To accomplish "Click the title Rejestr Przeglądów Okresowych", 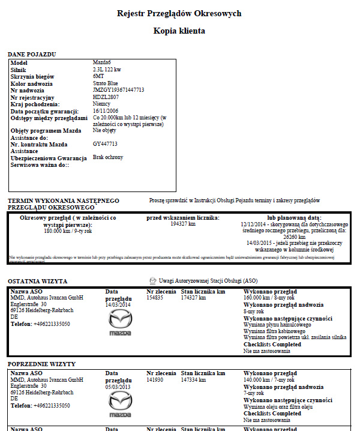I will click(179, 13).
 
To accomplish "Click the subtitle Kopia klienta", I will click(179, 31).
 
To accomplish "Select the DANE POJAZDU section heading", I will click(32, 55).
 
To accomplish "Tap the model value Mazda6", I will click(103, 63).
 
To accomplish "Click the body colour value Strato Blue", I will click(106, 83).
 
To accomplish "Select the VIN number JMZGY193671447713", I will click(118, 90).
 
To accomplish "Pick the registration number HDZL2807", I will click(106, 97).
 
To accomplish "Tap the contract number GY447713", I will click(105, 144).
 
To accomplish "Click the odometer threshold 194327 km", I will click(183, 224).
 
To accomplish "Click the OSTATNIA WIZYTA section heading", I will click(38, 281).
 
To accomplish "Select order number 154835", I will click(155, 297).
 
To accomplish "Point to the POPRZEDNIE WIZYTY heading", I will click(41, 364).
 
